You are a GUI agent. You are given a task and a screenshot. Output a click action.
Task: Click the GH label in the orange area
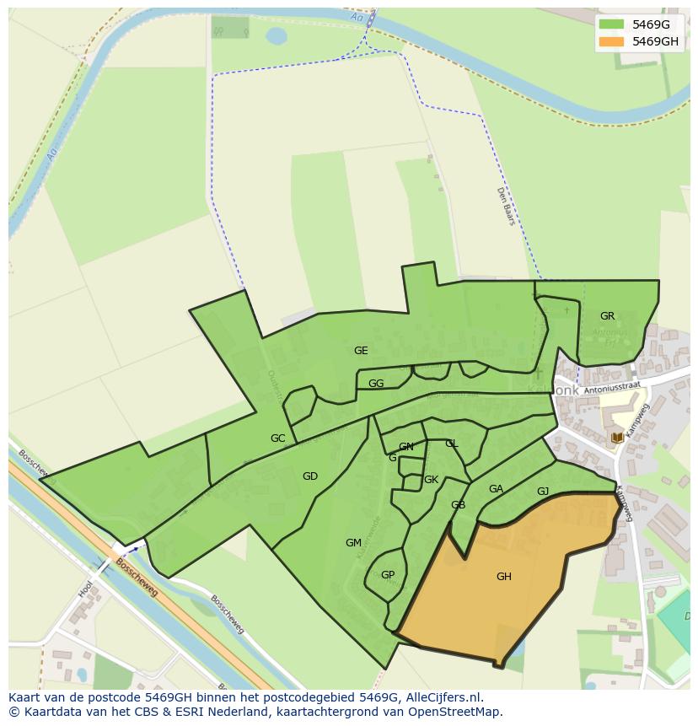tap(503, 577)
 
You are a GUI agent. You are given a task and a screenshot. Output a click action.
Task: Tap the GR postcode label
tap(607, 316)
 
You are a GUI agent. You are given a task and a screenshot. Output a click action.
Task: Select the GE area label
tap(361, 351)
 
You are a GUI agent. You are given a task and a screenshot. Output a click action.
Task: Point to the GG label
tap(376, 384)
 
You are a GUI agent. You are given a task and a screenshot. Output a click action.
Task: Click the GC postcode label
tap(277, 438)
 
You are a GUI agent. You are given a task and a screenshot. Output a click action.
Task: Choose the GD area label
tap(309, 476)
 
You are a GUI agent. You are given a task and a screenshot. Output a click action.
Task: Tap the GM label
tap(353, 543)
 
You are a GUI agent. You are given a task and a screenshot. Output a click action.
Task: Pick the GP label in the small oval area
tap(388, 575)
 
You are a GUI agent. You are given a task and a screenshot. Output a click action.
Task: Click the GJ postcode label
tap(543, 492)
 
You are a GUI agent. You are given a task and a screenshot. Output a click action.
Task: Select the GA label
tap(496, 489)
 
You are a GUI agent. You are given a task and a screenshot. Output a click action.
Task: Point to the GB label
tap(458, 505)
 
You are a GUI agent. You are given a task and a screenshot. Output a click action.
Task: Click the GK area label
tap(431, 480)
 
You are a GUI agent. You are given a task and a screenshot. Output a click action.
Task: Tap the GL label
tap(451, 444)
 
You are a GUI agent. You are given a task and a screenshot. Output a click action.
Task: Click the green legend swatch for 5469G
tap(611, 24)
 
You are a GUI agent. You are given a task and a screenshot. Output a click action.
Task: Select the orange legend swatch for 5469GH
tap(611, 41)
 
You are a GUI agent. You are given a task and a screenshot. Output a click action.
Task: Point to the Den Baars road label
tap(505, 206)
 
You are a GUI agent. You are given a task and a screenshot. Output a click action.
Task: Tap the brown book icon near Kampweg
tap(617, 438)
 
